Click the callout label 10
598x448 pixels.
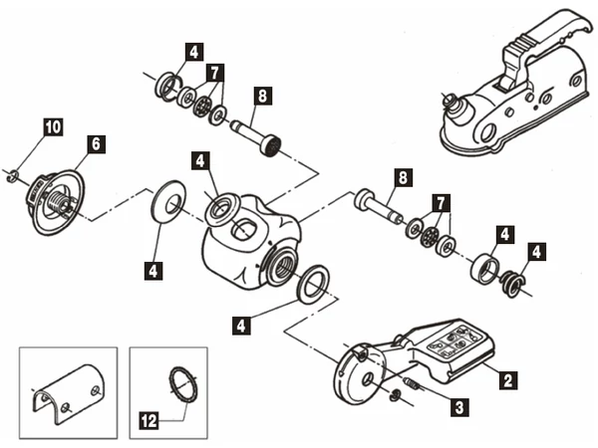[x=54, y=126]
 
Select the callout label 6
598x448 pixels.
[x=96, y=144]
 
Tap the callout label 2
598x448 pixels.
[x=508, y=380]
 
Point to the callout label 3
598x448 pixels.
[x=459, y=407]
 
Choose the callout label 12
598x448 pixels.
[x=149, y=420]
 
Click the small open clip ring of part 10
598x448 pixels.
[x=13, y=176]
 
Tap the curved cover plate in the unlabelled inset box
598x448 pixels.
[x=68, y=392]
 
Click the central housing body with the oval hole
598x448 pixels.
[x=250, y=244]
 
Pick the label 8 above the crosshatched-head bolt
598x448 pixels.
[x=263, y=96]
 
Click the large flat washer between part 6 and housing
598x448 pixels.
[x=168, y=206]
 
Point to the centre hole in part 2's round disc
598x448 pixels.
[x=369, y=379]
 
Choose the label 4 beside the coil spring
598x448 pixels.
[x=536, y=252]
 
